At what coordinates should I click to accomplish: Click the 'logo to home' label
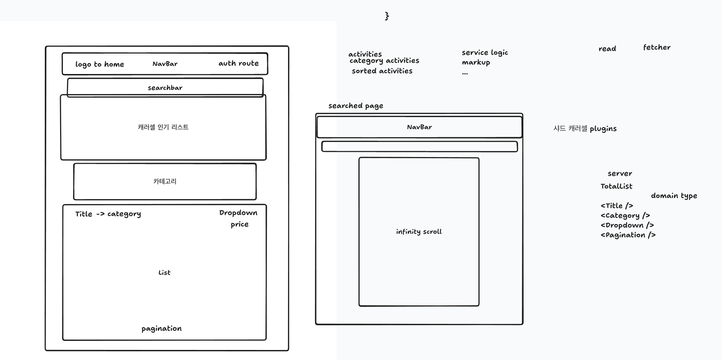click(x=100, y=64)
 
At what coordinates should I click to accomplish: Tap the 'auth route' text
click(x=238, y=63)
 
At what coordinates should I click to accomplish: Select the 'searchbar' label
click(x=165, y=88)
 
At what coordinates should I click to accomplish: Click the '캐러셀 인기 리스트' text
click(x=163, y=127)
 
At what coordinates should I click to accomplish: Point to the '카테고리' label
click(x=165, y=181)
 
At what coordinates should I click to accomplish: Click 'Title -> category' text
click(x=108, y=214)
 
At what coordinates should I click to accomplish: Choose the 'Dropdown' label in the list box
click(x=238, y=213)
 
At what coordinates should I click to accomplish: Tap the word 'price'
click(x=239, y=224)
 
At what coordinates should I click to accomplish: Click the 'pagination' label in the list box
click(x=162, y=329)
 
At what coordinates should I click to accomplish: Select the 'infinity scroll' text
click(x=419, y=232)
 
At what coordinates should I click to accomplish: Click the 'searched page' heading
click(x=356, y=106)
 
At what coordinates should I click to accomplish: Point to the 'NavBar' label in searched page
click(x=419, y=127)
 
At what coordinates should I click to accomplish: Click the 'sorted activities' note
click(x=382, y=71)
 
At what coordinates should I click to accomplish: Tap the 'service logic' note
click(x=485, y=53)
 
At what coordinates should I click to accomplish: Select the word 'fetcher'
click(x=657, y=47)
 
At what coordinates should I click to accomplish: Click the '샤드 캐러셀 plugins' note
click(x=585, y=129)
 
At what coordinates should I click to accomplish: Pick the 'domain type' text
click(x=674, y=196)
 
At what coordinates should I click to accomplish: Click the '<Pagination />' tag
click(x=628, y=235)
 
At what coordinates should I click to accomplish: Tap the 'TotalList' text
click(x=616, y=186)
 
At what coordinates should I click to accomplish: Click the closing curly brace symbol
click(x=387, y=16)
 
